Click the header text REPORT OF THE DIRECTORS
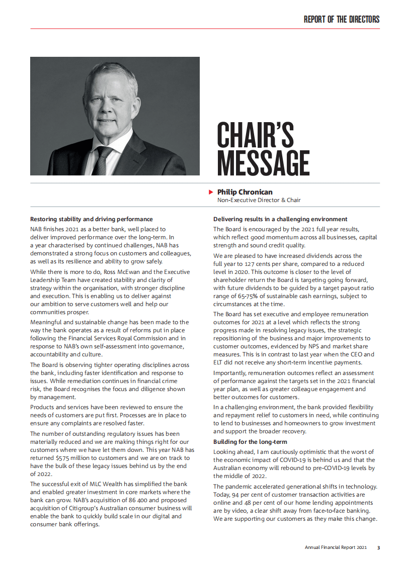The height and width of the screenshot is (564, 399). (x=342, y=20)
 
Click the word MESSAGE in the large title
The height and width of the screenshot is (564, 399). (x=263, y=164)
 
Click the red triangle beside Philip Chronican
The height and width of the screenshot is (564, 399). (x=211, y=192)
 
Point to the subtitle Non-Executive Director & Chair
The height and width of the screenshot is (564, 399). (x=259, y=200)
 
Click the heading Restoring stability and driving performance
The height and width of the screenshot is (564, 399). (x=92, y=219)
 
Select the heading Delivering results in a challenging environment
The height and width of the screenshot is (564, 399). (x=280, y=219)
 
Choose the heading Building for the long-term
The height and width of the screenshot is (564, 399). (x=250, y=442)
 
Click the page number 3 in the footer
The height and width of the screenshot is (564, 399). (x=378, y=547)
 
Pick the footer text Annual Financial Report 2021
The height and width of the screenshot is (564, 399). (x=336, y=547)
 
